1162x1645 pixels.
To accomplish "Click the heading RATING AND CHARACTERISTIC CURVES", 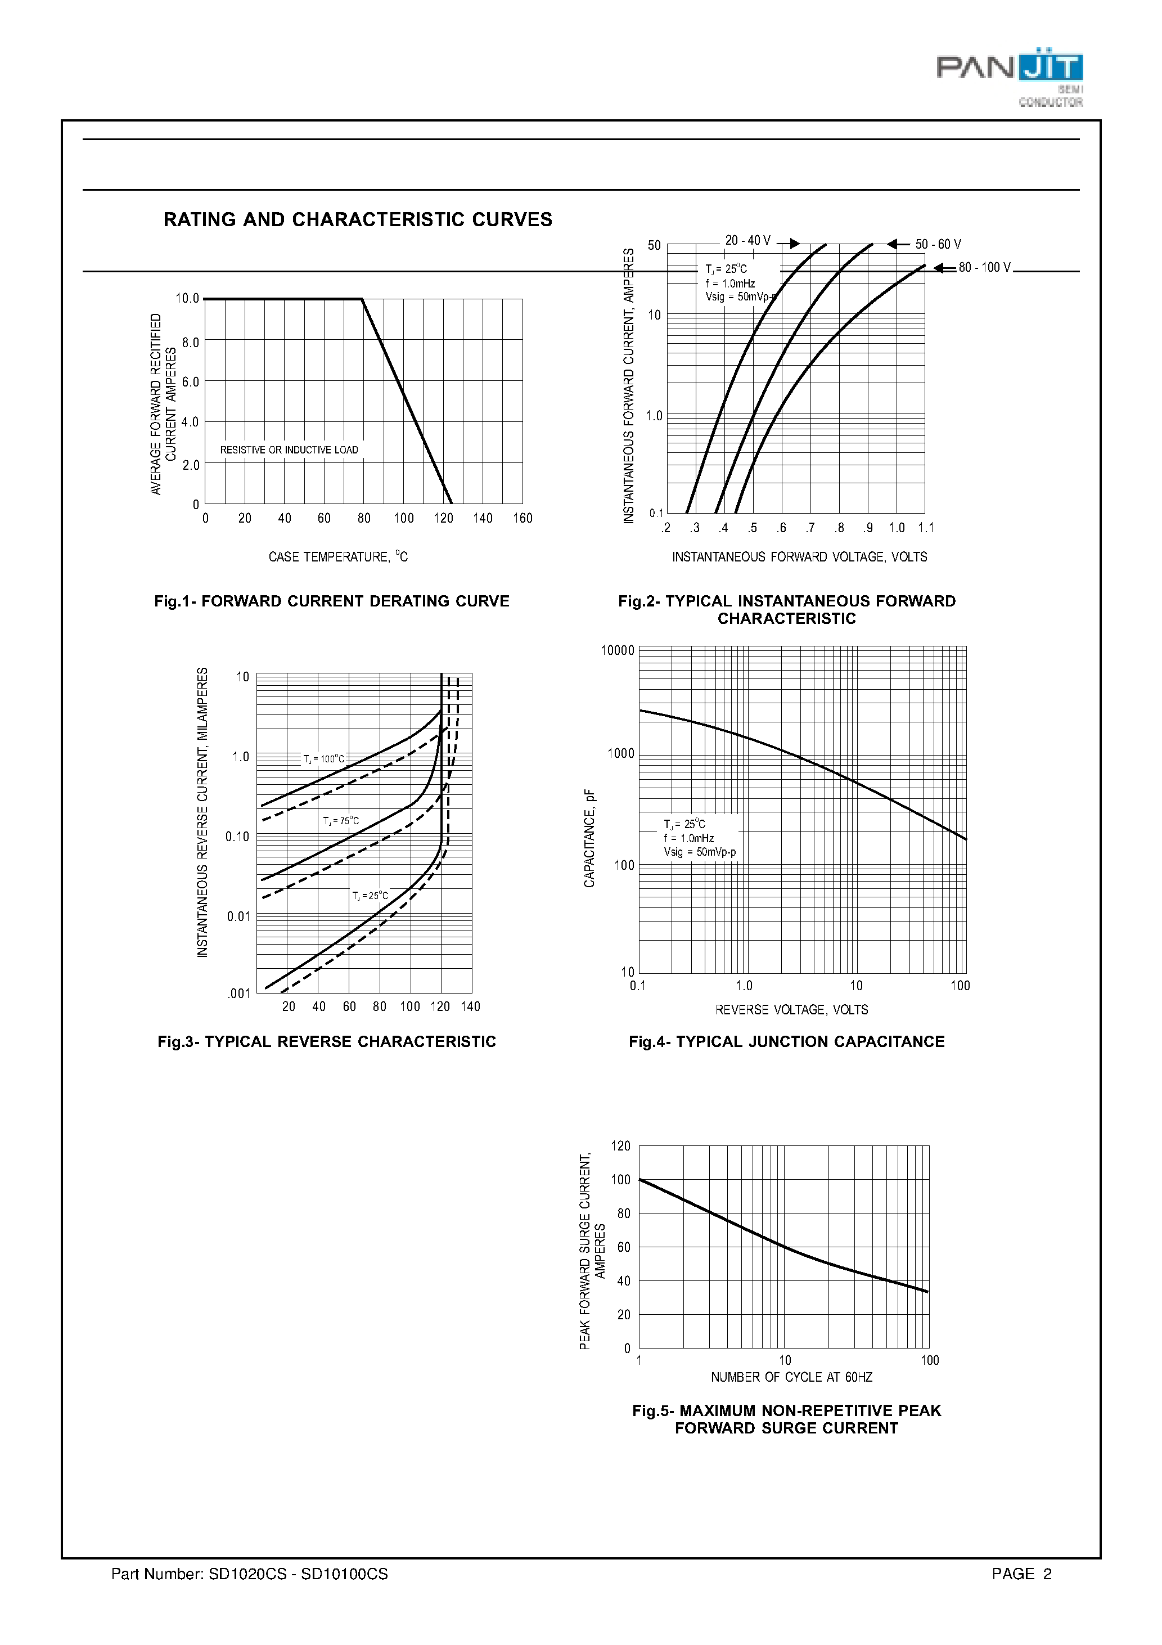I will (358, 219).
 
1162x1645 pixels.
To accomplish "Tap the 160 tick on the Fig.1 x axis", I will (523, 518).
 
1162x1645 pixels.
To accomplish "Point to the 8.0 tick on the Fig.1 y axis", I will (190, 343).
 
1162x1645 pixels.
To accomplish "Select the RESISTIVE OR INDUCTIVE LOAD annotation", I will (289, 450).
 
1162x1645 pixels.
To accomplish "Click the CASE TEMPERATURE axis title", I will (337, 557).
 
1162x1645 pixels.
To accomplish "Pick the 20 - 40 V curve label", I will (747, 241).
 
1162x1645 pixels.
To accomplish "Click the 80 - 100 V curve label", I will (984, 267).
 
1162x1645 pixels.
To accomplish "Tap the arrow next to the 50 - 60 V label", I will (898, 244).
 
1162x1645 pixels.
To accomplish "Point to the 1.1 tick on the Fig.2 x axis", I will (926, 528).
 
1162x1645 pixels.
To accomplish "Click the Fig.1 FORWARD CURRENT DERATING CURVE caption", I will (332, 601).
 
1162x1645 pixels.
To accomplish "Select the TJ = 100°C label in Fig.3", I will (323, 759).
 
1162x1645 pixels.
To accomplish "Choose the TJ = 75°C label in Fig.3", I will (340, 821).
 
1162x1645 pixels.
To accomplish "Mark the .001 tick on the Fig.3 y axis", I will (238, 993).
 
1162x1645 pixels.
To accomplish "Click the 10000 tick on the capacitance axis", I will (617, 650).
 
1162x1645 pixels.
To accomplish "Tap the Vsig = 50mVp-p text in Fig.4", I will (699, 852).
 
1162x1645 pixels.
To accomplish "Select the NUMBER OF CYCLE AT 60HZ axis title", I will (791, 1377).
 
